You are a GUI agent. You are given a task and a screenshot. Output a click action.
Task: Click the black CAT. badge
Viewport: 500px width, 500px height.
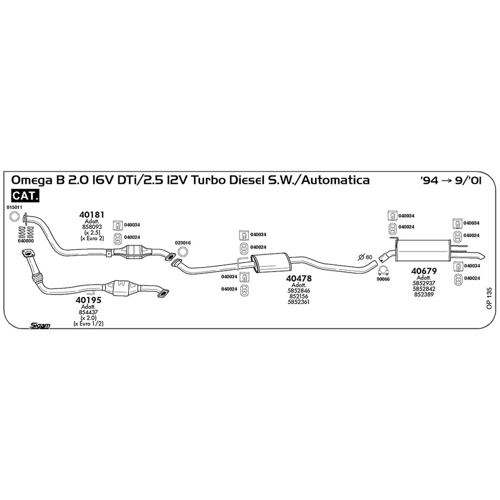tap(25, 196)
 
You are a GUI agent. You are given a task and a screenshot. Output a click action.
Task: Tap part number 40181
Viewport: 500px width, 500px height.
tap(92, 215)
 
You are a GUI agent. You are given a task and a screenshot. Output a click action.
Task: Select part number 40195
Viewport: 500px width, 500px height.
tap(88, 300)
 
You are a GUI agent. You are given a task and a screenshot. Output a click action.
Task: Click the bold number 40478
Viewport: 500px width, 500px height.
tap(299, 278)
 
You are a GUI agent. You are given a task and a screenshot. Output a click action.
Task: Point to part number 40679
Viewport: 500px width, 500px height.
tap(424, 271)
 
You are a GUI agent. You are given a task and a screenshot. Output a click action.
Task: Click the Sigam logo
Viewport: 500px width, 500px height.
tap(40, 325)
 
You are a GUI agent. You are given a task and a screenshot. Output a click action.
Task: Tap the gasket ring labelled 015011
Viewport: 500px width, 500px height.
tap(14, 216)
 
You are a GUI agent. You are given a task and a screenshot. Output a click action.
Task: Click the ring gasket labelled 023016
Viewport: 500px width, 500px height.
tap(183, 251)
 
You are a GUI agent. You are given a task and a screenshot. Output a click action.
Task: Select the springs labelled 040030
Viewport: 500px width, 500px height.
tap(26, 231)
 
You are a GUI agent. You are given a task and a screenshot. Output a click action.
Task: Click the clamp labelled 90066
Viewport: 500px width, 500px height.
tap(383, 271)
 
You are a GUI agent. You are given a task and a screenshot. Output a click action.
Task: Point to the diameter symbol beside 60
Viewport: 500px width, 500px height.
tap(361, 257)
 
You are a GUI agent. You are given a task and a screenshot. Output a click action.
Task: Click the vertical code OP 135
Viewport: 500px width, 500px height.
tap(489, 297)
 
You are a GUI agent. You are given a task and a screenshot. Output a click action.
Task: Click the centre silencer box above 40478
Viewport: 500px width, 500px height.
tap(271, 262)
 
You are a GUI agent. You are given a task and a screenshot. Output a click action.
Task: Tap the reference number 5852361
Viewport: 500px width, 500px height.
tap(298, 302)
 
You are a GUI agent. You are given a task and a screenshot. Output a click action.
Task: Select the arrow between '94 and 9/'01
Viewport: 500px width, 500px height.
tap(447, 180)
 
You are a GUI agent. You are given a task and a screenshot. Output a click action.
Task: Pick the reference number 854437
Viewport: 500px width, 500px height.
tap(88, 312)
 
